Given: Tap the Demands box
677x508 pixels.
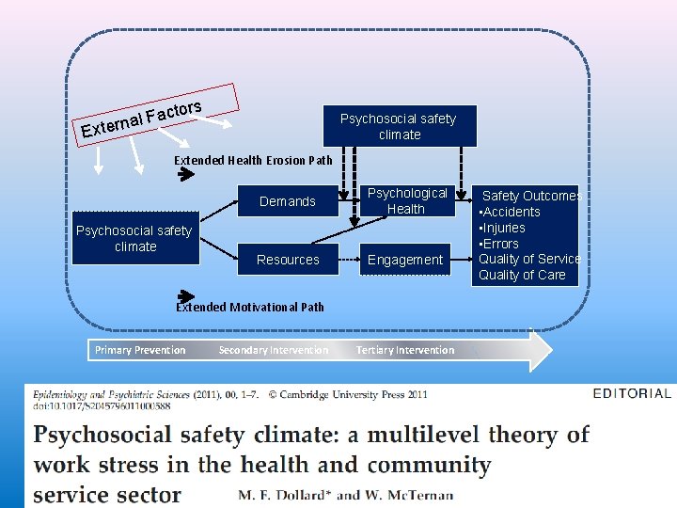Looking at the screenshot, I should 288,201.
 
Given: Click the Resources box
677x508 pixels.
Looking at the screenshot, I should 288,260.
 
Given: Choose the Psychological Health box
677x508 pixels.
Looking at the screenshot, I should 407,201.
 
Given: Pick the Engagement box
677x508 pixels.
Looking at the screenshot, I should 405,260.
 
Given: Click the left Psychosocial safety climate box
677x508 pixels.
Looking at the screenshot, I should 135,238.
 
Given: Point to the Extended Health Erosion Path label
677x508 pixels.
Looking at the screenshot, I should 253,160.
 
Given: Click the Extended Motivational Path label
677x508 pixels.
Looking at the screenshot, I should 250,307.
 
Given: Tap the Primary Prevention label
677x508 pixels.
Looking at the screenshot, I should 140,350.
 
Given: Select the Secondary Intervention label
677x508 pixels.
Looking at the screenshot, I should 274,350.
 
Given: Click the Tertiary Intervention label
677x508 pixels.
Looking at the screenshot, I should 405,350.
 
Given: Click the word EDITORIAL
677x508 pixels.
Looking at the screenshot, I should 632,394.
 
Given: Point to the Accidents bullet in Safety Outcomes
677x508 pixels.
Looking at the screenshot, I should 512,212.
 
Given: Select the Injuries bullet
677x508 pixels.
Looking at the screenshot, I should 505,228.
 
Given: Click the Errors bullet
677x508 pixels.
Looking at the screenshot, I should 501,244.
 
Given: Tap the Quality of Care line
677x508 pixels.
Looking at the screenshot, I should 522,275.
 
